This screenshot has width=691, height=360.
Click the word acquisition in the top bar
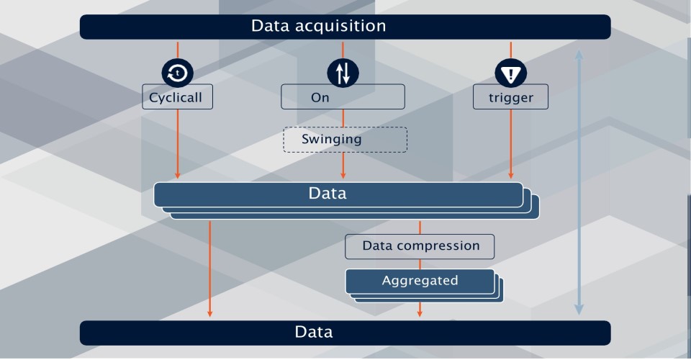coord(340,26)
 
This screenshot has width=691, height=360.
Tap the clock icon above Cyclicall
coord(178,73)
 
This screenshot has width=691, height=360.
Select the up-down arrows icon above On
coord(343,73)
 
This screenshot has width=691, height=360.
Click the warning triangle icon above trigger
coord(511,73)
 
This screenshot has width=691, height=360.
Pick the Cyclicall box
coord(178,97)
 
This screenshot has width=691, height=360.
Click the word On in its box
coord(320,97)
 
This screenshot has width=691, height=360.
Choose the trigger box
coord(511,97)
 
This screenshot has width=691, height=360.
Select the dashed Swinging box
coord(345,140)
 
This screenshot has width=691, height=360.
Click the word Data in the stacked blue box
coord(328,194)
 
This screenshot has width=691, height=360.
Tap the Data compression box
coord(420,247)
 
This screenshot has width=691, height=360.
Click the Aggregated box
coord(420,281)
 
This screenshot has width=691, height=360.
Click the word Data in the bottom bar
coord(314,332)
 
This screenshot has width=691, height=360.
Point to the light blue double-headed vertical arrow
coord(579,182)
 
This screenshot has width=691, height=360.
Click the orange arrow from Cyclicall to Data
coord(178,144)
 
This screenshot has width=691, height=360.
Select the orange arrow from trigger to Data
coord(511,144)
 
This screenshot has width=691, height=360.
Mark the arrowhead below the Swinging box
coord(343,176)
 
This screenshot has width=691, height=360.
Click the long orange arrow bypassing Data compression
coord(209,269)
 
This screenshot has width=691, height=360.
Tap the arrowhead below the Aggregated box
coord(420,313)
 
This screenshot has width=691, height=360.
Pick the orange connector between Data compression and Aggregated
coord(420,264)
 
